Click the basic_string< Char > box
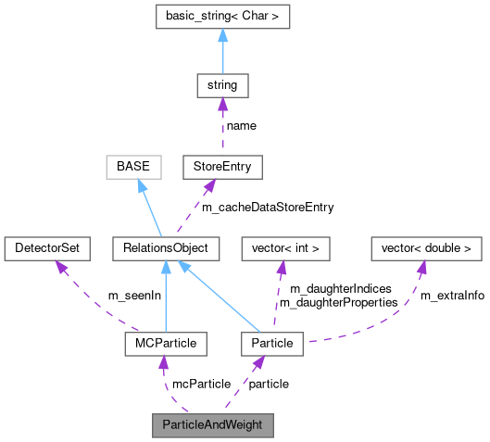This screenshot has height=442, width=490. click(222, 17)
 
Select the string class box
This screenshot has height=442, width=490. click(222, 86)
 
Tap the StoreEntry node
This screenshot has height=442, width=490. click(222, 168)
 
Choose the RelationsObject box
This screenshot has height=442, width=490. click(165, 248)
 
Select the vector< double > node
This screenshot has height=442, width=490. click(427, 248)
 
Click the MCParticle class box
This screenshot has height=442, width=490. click(165, 344)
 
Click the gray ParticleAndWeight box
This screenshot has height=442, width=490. click(213, 425)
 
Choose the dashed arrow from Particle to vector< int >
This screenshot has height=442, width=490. click(278, 297)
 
